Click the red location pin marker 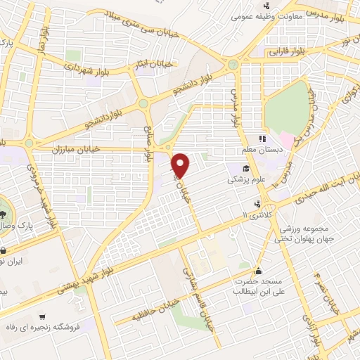click(x=181, y=165)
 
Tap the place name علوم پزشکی click(x=242, y=180)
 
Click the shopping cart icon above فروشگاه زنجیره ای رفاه click(x=44, y=316)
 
